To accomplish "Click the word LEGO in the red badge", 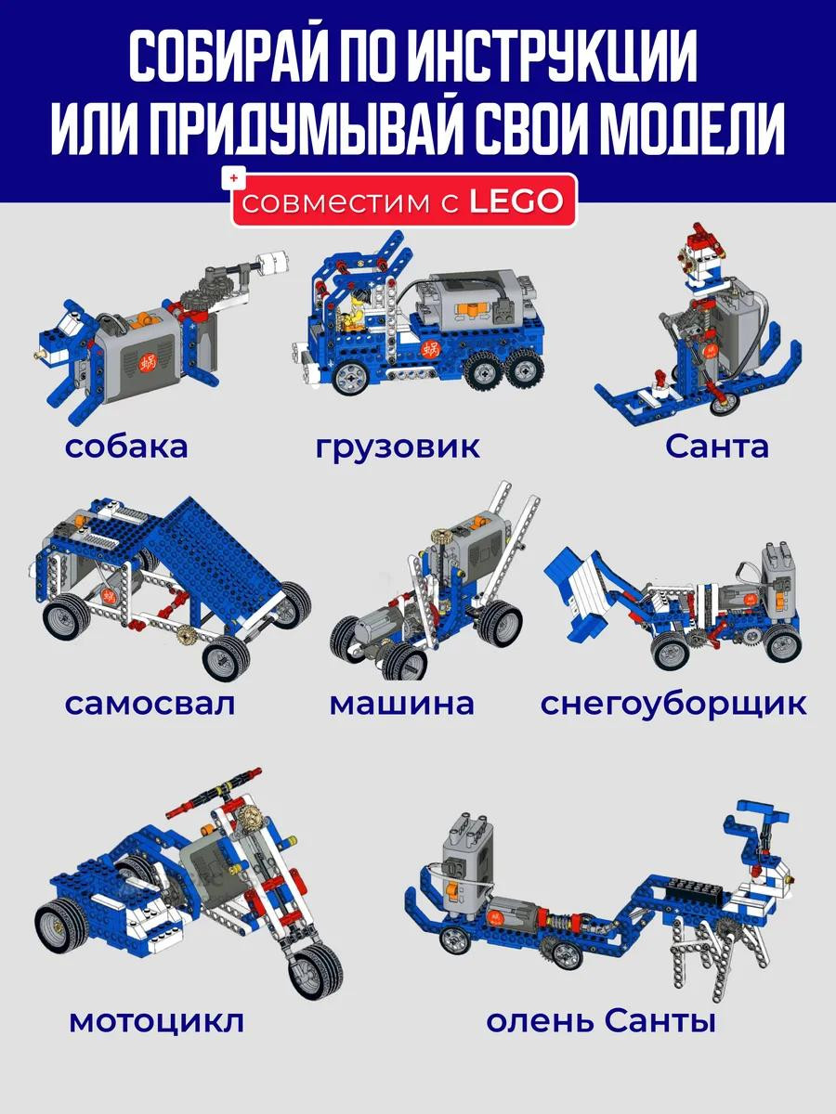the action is (516, 201).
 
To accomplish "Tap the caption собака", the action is (126, 447).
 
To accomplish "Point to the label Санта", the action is (717, 447).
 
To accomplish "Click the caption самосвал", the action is (150, 704).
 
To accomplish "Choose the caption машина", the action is (401, 704).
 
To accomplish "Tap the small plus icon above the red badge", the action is (233, 178).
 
